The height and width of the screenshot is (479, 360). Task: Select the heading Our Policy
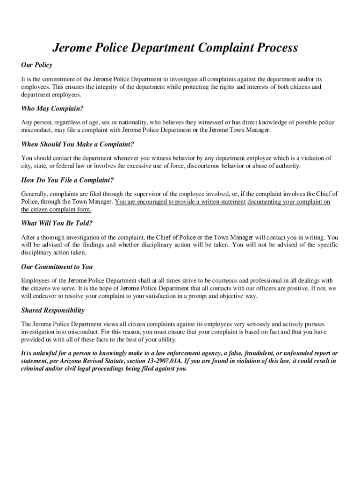(36, 65)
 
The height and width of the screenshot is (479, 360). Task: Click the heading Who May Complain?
(52, 109)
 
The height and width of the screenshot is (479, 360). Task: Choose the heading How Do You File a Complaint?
(67, 180)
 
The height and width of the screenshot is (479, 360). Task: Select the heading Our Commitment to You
(57, 267)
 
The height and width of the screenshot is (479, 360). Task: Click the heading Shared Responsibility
(53, 310)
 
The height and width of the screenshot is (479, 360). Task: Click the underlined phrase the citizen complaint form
(56, 209)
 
